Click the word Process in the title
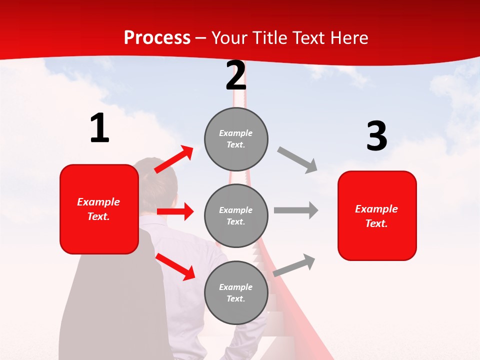(157, 37)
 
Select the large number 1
(99, 128)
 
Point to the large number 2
(236, 76)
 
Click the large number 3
(376, 136)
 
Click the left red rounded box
(99, 209)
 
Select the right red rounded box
(377, 215)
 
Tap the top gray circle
(236, 138)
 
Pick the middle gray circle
(236, 215)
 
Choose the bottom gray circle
(236, 292)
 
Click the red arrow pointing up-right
(174, 159)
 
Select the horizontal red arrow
(175, 211)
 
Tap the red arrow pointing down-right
(175, 266)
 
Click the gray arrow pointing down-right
(297, 159)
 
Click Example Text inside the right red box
(376, 216)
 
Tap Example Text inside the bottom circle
(235, 293)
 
